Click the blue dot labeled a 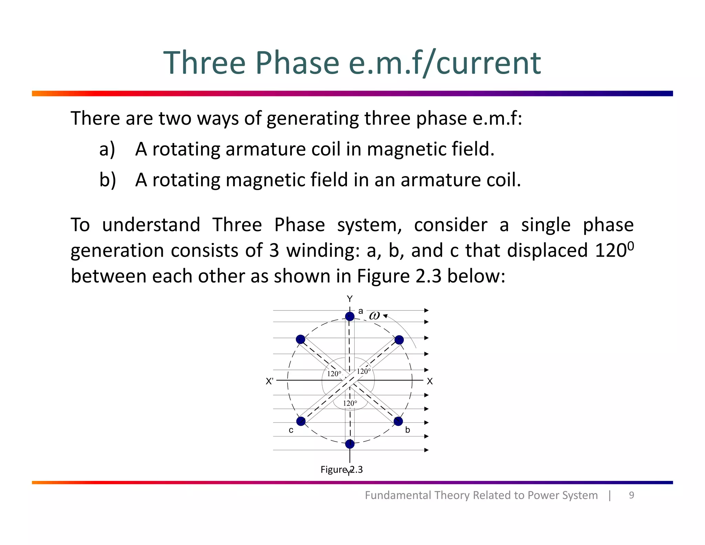(x=350, y=316)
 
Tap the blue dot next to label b (x=398, y=421)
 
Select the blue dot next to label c (x=301, y=421)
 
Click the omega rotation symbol (x=374, y=316)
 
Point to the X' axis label (x=270, y=381)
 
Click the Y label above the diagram (x=350, y=299)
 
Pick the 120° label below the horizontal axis (x=350, y=403)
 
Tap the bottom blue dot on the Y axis (x=350, y=444)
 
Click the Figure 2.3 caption (x=341, y=470)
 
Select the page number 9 (x=631, y=495)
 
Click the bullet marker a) (x=107, y=149)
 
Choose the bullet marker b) (x=107, y=180)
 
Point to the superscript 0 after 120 (x=631, y=246)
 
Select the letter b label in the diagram (x=408, y=430)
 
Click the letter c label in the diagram (x=291, y=430)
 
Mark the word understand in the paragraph (x=151, y=225)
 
